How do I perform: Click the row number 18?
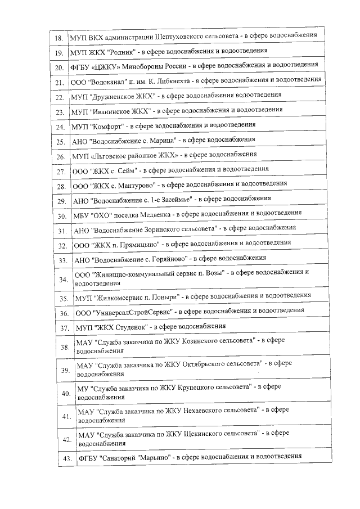pos(58,39)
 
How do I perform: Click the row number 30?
pos(62,215)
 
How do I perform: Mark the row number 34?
pos(63,279)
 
